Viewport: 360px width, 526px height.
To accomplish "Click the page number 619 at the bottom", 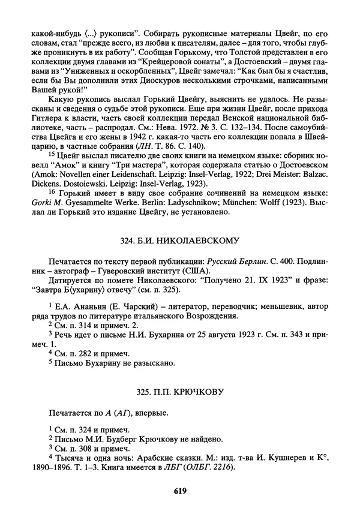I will click(180, 491).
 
